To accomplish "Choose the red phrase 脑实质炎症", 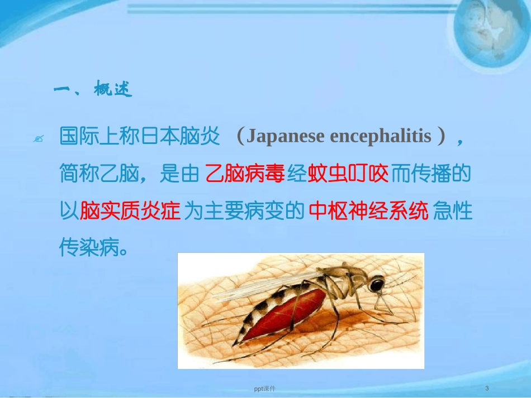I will coord(130,211).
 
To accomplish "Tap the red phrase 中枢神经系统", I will coord(368,211).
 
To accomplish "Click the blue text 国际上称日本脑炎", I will coord(140,138).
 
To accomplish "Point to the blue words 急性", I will coord(453,211).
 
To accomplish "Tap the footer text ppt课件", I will coord(265,388).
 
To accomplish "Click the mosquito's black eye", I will coord(378,285).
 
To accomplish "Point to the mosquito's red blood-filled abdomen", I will coord(282,315).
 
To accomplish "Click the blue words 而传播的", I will coord(431,175).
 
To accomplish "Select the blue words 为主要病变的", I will coord(244,211).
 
